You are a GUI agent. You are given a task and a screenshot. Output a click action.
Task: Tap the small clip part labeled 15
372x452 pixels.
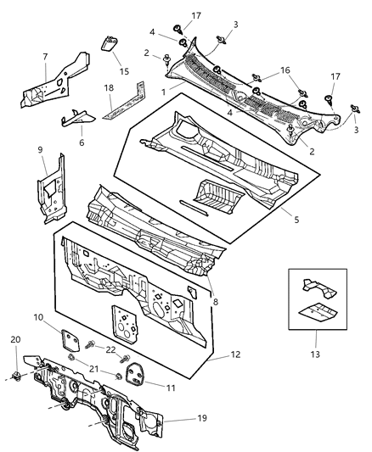click(109, 44)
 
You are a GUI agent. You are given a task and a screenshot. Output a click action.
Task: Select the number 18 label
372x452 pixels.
click(109, 87)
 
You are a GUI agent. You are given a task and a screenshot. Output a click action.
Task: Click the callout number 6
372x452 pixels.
click(82, 143)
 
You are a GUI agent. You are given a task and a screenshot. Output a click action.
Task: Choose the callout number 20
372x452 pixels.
click(14, 339)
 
